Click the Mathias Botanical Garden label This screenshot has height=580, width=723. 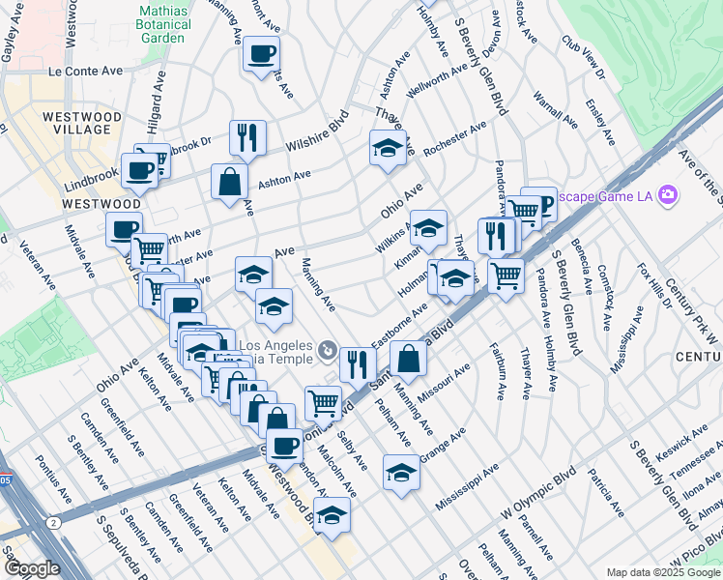coord(161,25)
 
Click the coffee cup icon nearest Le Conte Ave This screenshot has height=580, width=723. coord(260,54)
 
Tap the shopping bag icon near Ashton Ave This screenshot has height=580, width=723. coord(229,181)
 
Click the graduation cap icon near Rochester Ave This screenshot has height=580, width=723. coord(388,148)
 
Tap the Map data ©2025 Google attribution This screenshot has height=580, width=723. coord(663,572)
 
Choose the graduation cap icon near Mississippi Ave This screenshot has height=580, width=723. coord(401,473)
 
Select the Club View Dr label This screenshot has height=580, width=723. coord(582,59)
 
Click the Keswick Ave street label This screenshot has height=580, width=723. coord(694,445)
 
